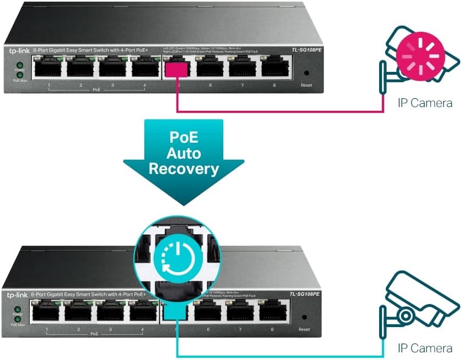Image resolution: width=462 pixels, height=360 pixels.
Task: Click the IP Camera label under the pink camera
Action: click(425, 102)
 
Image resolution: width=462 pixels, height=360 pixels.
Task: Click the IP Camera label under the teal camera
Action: click(425, 348)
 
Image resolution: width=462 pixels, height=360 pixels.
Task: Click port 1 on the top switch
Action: click(49, 68)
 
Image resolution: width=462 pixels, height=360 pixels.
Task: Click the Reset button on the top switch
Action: click(306, 72)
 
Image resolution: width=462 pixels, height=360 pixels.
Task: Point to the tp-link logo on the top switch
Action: click(18, 51)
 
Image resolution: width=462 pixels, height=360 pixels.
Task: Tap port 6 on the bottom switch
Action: click(209, 312)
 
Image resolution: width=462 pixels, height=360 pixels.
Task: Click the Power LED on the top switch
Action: click(19, 65)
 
